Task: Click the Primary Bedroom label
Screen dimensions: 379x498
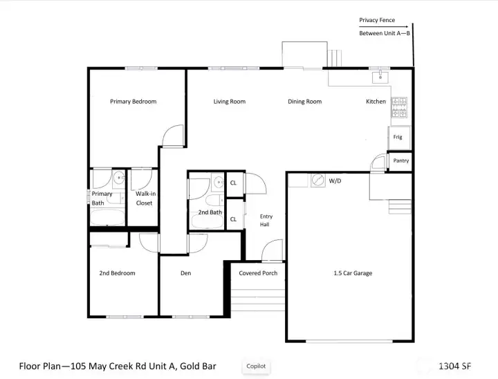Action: click(x=133, y=102)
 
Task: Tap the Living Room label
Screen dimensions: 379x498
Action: click(x=229, y=102)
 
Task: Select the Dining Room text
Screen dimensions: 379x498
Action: click(x=304, y=102)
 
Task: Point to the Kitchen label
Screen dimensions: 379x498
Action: click(x=376, y=102)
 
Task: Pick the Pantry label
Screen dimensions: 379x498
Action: click(x=400, y=160)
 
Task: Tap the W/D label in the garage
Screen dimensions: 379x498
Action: click(x=335, y=181)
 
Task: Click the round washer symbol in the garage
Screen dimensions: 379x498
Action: click(x=318, y=180)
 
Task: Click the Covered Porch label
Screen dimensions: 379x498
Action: click(x=258, y=273)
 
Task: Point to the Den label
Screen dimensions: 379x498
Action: click(x=185, y=273)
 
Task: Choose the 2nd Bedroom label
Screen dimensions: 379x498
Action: click(x=117, y=273)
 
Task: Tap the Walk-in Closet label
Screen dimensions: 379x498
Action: click(x=145, y=198)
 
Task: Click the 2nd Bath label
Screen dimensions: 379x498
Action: click(x=210, y=212)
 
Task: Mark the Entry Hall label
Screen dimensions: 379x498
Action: click(x=264, y=220)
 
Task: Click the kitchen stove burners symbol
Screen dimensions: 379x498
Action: click(x=399, y=107)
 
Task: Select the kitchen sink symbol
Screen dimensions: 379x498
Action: click(x=379, y=75)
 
